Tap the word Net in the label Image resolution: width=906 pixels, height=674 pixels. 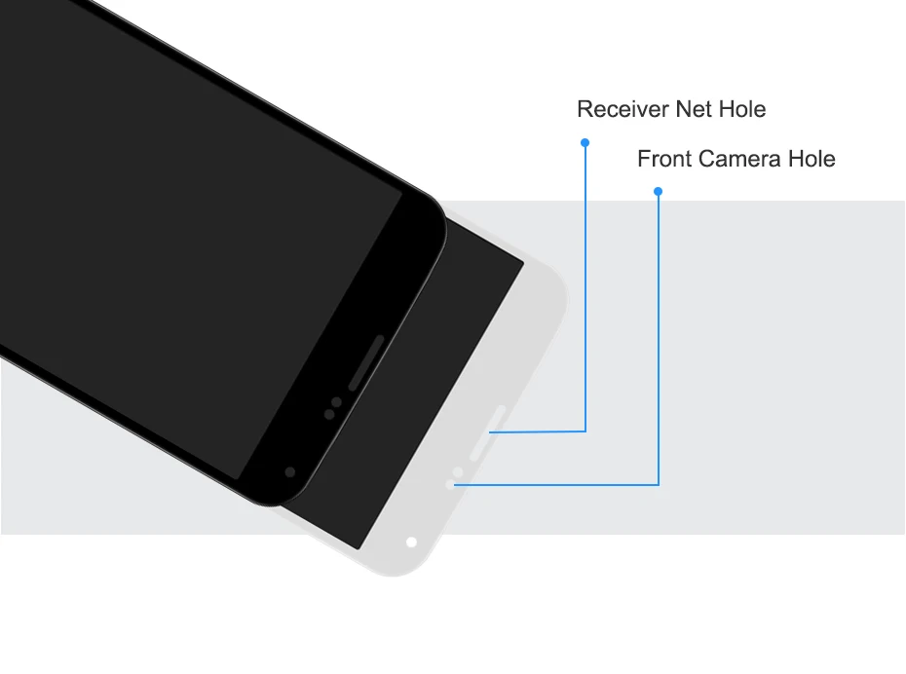685,109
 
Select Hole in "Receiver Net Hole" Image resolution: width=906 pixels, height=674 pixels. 742,109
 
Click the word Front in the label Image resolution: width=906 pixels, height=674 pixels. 662,159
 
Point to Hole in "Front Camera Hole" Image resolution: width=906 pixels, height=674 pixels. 812,159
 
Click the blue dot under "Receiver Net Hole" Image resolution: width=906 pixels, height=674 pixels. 585,142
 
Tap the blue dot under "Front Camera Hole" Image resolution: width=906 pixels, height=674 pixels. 659,192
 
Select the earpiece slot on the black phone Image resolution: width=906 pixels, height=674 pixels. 366,362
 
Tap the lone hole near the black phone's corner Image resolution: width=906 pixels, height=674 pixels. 290,471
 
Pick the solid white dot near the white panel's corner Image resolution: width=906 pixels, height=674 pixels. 411,542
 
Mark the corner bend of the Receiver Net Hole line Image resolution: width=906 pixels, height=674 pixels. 585,431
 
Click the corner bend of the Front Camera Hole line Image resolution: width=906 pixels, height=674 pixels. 659,483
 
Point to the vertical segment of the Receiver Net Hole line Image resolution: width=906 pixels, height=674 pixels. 585,292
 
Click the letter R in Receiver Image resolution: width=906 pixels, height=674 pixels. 585,109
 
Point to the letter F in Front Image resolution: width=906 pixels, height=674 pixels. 643,159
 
